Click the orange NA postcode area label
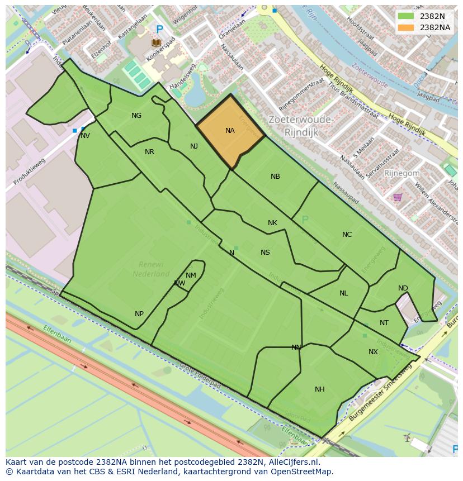230,131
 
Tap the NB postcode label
275,177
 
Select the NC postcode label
347,235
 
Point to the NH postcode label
319,389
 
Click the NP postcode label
139,314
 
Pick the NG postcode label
136,116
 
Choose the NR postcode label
149,152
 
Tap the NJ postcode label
194,146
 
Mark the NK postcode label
272,223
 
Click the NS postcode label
265,253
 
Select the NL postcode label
343,293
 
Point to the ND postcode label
403,288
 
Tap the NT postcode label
384,323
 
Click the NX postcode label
373,352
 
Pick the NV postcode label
85,136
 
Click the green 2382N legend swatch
406,16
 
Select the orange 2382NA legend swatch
406,27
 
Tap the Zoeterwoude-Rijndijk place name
300,126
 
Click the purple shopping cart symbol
398,197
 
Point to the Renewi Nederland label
151,269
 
